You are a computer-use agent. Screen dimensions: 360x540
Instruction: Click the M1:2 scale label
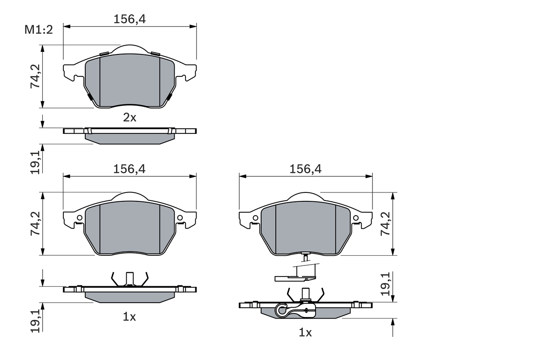pyautogui.click(x=38, y=30)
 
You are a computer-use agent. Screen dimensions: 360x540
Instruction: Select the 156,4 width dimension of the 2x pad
pyautogui.click(x=130, y=19)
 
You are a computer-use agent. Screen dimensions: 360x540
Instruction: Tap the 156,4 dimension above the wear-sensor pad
pyautogui.click(x=305, y=169)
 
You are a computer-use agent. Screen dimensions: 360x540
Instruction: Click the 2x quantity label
pyautogui.click(x=130, y=118)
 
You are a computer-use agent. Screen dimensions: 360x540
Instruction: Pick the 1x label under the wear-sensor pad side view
pyautogui.click(x=305, y=333)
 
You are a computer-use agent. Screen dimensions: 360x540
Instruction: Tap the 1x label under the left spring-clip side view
pyautogui.click(x=130, y=317)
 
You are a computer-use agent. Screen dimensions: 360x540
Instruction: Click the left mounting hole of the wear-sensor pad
pyautogui.click(x=255, y=218)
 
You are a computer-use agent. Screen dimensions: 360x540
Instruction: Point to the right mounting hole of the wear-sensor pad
pyautogui.click(x=356, y=218)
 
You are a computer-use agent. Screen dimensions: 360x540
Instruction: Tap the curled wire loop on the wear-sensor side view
pyautogui.click(x=281, y=310)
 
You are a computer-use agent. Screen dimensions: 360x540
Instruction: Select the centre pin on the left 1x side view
pyautogui.click(x=130, y=278)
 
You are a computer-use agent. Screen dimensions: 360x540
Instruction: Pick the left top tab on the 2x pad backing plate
pyautogui.click(x=104, y=54)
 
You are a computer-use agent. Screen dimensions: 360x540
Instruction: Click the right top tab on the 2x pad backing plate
pyautogui.click(x=155, y=54)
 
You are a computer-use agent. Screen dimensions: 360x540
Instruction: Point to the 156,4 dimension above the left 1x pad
pyautogui.click(x=130, y=169)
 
